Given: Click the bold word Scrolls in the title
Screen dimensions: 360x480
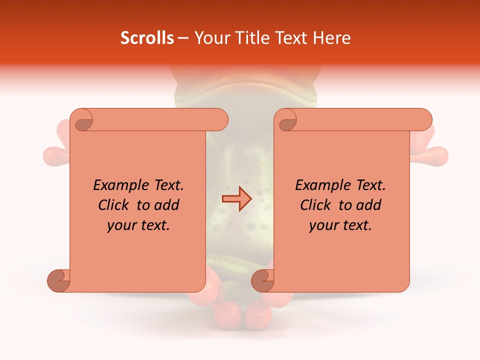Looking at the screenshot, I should (147, 38).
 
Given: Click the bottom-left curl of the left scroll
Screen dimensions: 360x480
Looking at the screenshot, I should (59, 280).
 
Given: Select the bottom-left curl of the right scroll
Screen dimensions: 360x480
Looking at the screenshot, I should (262, 280).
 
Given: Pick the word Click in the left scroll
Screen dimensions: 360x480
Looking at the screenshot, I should (114, 205).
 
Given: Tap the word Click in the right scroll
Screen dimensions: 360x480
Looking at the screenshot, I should (316, 205).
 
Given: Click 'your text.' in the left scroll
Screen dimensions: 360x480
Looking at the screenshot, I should (138, 225).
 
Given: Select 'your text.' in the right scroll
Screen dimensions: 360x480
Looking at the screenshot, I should (340, 225).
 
